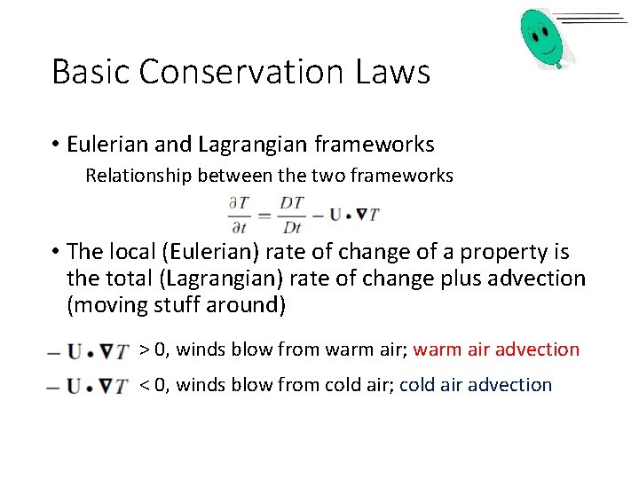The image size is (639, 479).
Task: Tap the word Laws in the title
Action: click(396, 72)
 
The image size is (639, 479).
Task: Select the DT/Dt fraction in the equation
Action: click(291, 215)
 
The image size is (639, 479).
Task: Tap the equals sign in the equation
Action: click(265, 215)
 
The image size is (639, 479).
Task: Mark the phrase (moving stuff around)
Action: click(177, 305)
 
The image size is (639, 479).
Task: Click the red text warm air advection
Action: click(496, 349)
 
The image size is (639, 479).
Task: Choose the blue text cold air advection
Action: click(476, 385)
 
